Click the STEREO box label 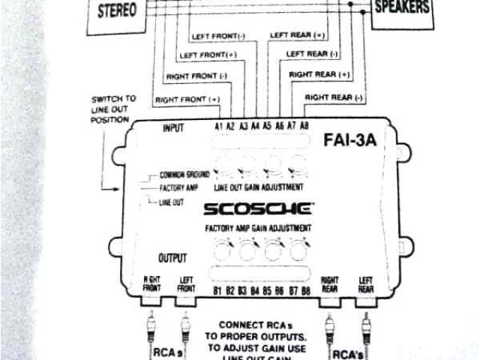(116, 12)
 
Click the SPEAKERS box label (402, 7)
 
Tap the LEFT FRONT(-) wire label (218, 36)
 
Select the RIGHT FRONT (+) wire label (187, 100)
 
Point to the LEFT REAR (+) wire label (298, 35)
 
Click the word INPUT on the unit (172, 128)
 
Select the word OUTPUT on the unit (172, 258)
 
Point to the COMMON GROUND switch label (184, 174)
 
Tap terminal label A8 (304, 127)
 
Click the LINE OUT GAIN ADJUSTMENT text (259, 186)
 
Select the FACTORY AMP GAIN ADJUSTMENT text (259, 227)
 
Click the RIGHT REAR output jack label (331, 283)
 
